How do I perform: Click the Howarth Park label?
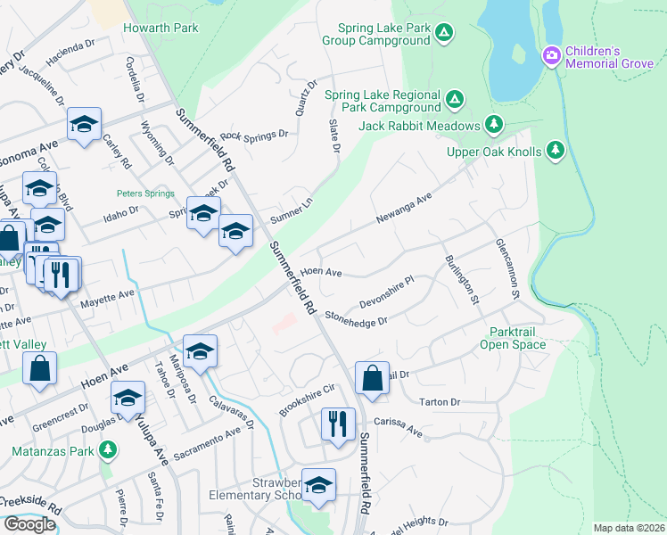click(x=161, y=28)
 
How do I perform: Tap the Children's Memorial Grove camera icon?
click(x=552, y=57)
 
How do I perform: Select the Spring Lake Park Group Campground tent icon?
click(x=445, y=33)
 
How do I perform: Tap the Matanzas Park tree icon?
click(x=108, y=449)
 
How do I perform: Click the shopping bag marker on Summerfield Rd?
click(x=372, y=377)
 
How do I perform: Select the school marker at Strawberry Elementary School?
click(x=318, y=484)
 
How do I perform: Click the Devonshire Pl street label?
click(x=387, y=292)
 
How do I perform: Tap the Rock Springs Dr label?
click(x=254, y=136)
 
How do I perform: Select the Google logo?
click(x=29, y=523)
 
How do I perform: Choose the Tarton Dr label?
click(x=440, y=402)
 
